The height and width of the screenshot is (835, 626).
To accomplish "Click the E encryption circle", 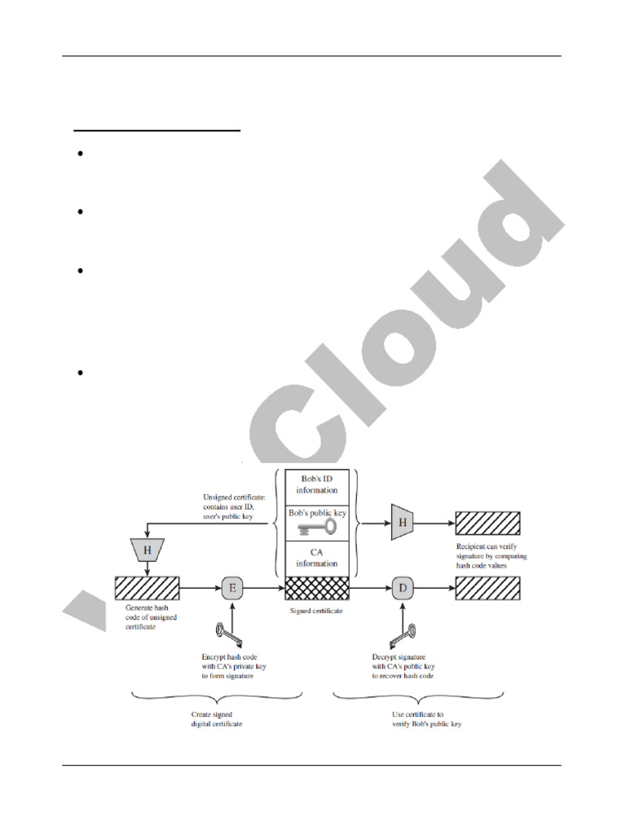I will click(232, 587).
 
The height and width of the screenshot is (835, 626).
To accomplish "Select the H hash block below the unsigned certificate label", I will click(148, 550).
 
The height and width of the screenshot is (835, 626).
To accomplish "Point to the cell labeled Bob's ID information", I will click(317, 487).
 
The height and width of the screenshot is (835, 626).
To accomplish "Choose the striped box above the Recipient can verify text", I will click(488, 521).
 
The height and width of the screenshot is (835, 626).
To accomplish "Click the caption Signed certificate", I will click(317, 610).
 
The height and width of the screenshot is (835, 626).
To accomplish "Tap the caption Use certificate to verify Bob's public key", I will click(421, 718).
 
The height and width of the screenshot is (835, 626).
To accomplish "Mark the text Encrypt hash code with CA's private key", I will click(234, 665).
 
